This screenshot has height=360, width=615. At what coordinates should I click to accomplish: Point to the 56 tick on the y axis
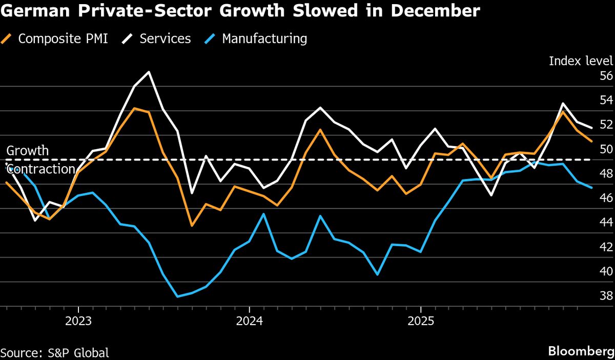point(606,76)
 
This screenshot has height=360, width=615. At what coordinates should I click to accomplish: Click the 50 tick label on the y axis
point(606,149)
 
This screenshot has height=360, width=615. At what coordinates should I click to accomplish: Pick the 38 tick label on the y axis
point(606,296)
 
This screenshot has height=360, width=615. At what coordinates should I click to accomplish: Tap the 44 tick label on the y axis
point(606,223)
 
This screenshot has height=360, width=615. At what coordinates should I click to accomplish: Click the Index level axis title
point(581,61)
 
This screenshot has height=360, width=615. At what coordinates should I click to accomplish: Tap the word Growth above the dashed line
point(28,151)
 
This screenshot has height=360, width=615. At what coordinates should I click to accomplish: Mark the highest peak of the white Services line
point(149,72)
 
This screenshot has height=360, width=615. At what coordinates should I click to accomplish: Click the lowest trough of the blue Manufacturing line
point(177,296)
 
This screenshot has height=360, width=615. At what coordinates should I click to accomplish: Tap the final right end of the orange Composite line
point(592,141)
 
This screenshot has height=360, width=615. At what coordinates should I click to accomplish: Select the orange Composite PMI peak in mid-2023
point(134,108)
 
